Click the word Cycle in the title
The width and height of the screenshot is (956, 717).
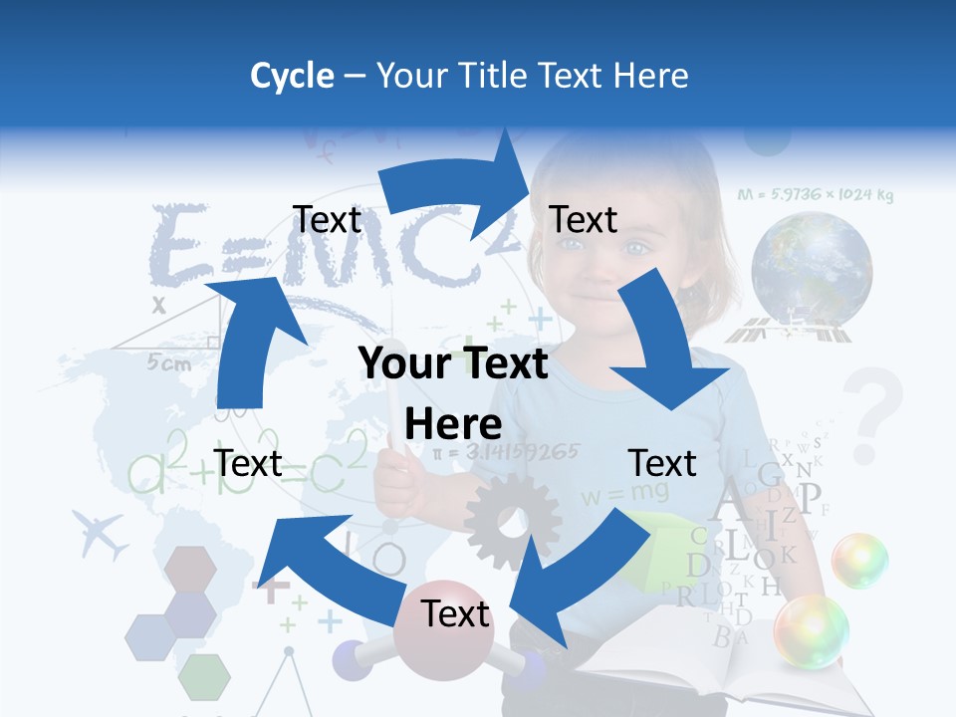tap(292, 76)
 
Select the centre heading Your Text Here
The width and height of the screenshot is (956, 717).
tap(453, 393)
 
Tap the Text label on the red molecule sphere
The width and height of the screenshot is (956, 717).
tap(455, 613)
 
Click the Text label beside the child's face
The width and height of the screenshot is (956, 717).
tap(584, 219)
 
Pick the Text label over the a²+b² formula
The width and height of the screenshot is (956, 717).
tap(248, 463)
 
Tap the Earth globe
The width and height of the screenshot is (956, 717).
tap(812, 269)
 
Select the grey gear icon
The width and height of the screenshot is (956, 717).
tap(512, 522)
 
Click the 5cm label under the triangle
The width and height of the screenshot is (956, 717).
tap(169, 363)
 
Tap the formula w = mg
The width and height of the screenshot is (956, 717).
tap(611, 493)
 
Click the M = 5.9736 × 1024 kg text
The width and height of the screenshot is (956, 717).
tap(816, 195)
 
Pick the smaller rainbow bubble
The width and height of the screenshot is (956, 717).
tap(859, 560)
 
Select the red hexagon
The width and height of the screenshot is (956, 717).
tap(189, 569)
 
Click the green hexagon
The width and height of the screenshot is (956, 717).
tap(204, 677)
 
